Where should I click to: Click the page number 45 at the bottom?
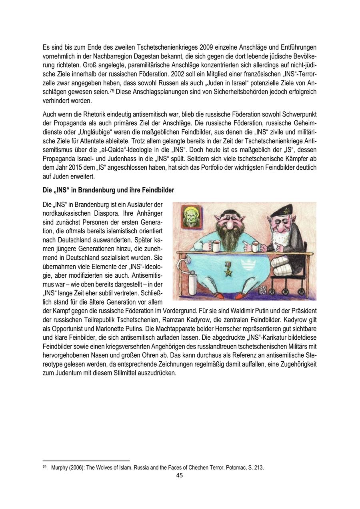pos(180,475)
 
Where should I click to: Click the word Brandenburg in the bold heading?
pos(98,190)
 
